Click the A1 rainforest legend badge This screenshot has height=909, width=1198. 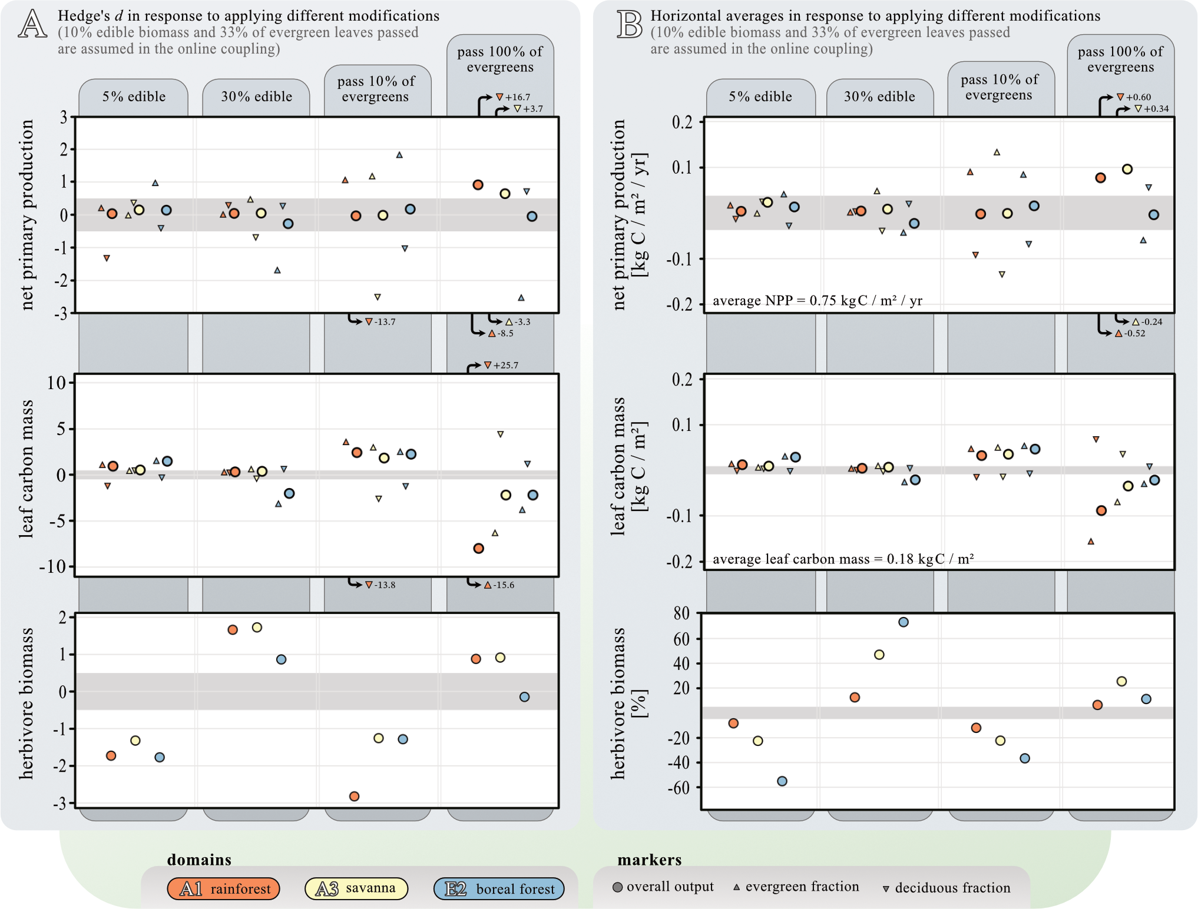(224, 888)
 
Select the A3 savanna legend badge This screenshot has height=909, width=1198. (356, 888)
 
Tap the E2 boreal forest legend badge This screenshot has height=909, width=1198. (499, 888)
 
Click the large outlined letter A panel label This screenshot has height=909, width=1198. (32, 24)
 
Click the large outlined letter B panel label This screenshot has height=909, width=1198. (629, 24)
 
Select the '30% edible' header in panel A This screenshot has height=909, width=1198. (256, 97)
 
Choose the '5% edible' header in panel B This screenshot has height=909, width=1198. (760, 97)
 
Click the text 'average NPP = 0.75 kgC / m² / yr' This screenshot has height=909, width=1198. (817, 301)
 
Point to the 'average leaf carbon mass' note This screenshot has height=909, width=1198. (843, 559)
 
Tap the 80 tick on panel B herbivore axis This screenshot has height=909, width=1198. (681, 613)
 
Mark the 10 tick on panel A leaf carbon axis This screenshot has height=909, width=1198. (57, 383)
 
